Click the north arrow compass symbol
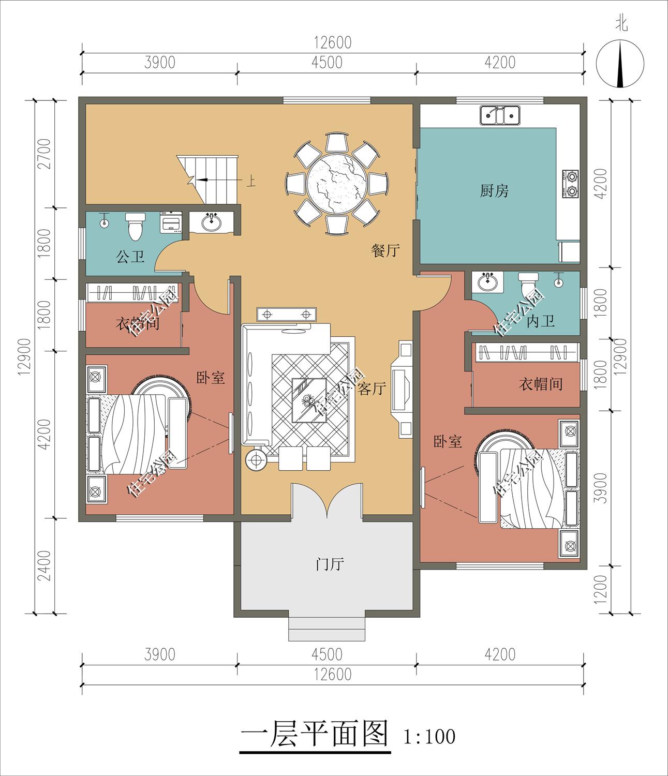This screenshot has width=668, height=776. point(620,64)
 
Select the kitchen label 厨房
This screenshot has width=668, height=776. point(494,191)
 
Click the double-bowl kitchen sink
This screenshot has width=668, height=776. point(500,115)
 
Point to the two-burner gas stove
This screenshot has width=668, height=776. point(570,184)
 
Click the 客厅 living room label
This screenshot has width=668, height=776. point(372,389)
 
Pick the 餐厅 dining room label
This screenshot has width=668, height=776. point(385,250)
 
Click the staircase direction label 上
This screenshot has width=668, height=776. point(251,182)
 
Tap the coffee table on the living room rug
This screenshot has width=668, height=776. point(309,400)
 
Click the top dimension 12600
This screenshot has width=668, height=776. point(333,42)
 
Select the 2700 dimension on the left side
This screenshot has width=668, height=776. point(44,154)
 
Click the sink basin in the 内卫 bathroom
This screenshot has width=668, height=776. point(487,281)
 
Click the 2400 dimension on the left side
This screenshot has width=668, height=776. point(44,566)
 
